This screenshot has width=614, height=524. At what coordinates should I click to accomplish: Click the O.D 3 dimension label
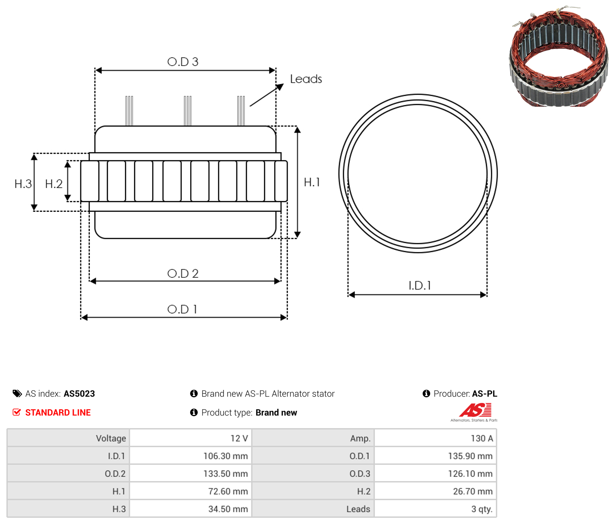(182, 62)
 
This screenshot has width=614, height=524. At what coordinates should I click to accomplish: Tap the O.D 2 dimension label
(182, 273)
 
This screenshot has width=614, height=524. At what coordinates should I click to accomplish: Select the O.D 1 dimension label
(182, 309)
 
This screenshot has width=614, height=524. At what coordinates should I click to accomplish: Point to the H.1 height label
(312, 182)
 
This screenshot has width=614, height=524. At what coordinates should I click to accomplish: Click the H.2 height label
(54, 184)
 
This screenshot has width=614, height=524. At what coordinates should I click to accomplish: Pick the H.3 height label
(23, 184)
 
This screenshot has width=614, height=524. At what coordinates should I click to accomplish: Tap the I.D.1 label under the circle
(420, 285)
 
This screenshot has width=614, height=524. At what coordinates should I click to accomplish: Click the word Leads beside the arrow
(306, 79)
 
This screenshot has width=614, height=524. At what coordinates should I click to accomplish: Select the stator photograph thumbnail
(559, 56)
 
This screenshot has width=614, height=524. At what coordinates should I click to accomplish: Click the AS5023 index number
(79, 394)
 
